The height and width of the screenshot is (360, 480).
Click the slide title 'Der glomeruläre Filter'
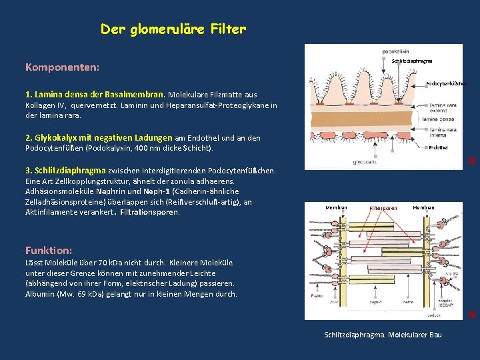click(173, 29)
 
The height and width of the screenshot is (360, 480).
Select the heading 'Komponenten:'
click(63, 67)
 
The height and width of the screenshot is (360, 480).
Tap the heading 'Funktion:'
click(49, 250)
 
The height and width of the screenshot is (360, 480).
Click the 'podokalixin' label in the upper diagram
click(396, 51)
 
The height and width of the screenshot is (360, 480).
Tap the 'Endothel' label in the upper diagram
click(439, 147)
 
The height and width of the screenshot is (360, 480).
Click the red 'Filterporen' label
click(383, 208)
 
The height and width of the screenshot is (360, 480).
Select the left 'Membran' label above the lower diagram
click(336, 207)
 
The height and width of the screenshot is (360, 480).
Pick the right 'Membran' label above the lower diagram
click(423, 207)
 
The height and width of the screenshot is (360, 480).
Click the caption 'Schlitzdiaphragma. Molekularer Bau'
click(383, 333)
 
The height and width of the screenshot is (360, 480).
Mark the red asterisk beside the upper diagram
click(471, 162)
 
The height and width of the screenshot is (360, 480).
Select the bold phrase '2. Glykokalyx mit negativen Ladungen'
click(99, 137)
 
